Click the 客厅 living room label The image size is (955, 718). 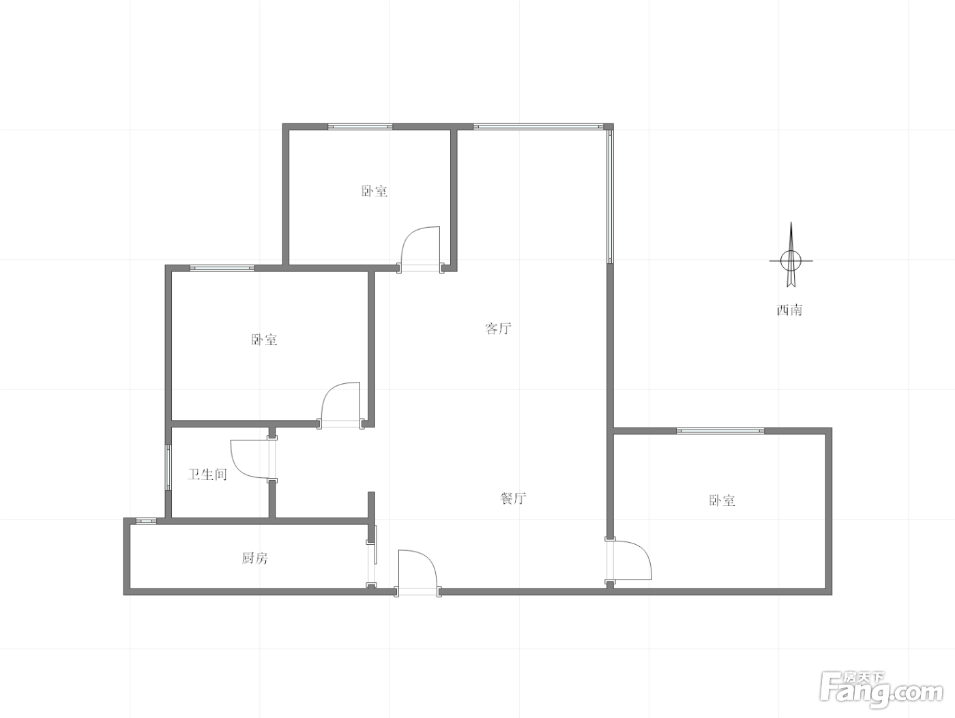pyautogui.click(x=498, y=329)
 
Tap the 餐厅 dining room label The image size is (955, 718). pyautogui.click(x=514, y=498)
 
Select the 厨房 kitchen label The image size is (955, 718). pyautogui.click(x=255, y=558)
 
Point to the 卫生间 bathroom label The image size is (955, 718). pyautogui.click(x=207, y=474)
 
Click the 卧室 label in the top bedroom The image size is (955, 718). pyautogui.click(x=374, y=191)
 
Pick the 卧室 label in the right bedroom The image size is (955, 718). pyautogui.click(x=722, y=500)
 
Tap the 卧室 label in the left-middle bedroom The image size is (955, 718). pyautogui.click(x=264, y=340)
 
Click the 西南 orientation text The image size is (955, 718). pyautogui.click(x=790, y=310)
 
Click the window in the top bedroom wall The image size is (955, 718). pyautogui.click(x=359, y=127)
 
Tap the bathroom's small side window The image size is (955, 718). pyautogui.click(x=168, y=467)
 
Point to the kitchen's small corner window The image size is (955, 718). pyautogui.click(x=146, y=520)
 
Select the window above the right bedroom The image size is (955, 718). pyautogui.click(x=720, y=430)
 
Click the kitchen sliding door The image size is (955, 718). pyautogui.click(x=372, y=556)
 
